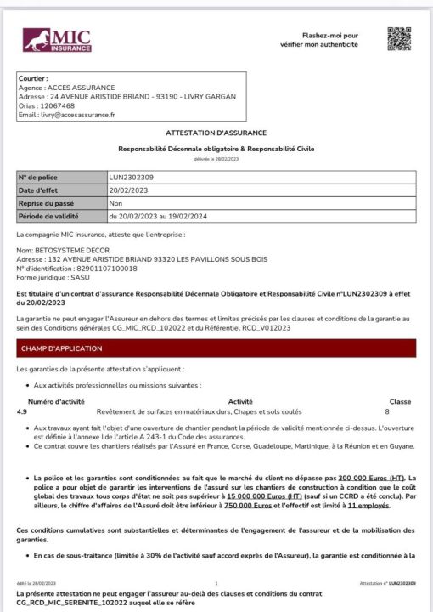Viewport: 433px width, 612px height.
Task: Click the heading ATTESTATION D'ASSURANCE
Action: [x=216, y=133]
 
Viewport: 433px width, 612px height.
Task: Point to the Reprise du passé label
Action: [x=47, y=203]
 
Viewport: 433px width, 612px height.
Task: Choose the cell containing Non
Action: [x=116, y=203]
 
